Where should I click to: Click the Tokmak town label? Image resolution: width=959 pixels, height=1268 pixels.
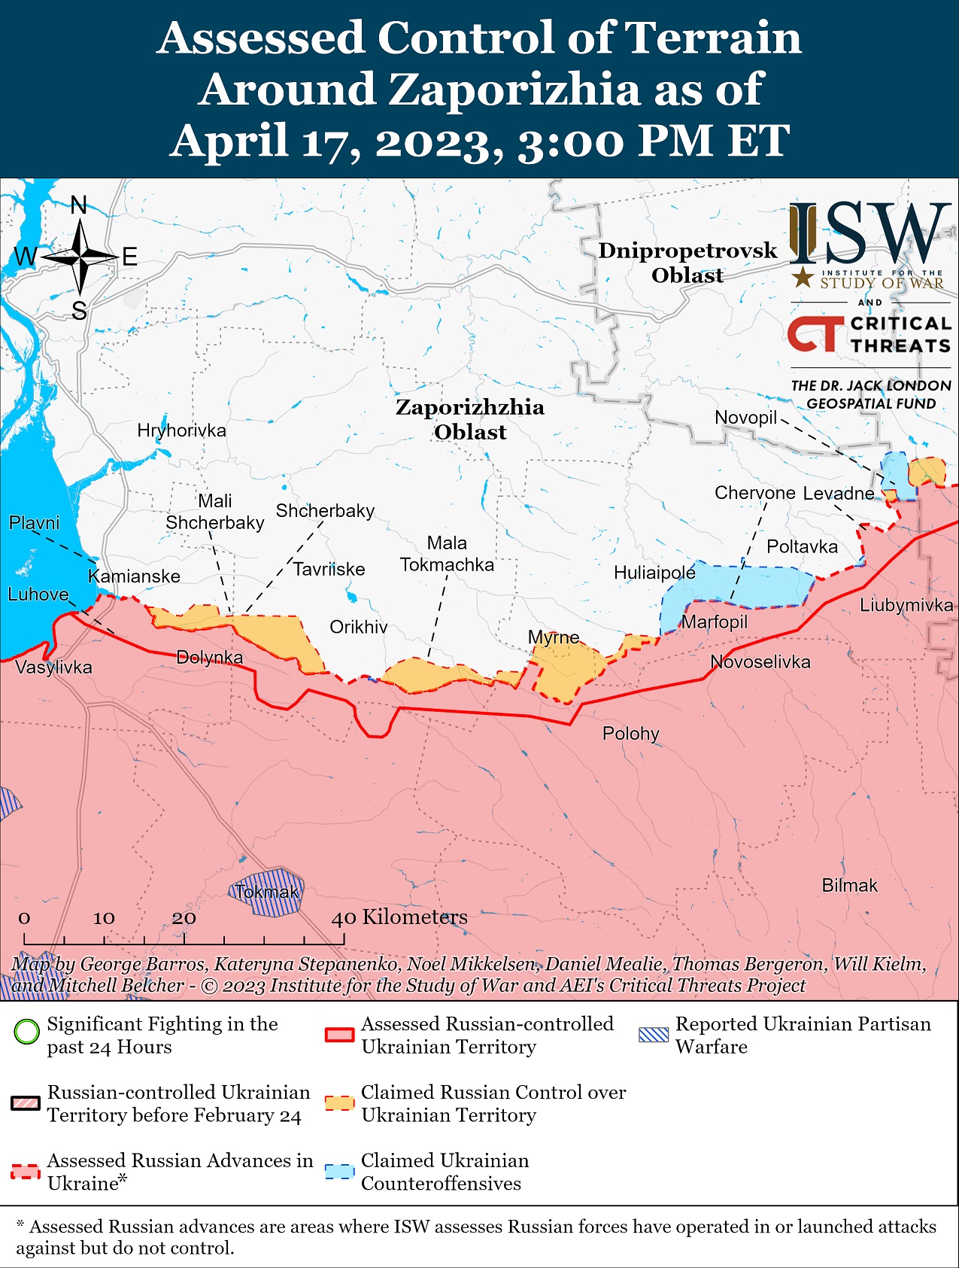point(266,892)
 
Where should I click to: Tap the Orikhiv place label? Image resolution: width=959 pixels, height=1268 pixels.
point(359,627)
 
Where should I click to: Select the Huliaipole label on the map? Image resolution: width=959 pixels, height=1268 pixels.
point(654,573)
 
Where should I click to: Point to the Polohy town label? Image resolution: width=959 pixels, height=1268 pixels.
point(630,733)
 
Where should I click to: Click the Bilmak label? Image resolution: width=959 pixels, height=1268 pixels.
point(849,886)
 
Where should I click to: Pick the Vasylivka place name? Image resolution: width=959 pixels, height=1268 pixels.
point(53,667)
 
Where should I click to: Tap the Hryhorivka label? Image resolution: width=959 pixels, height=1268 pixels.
point(181,430)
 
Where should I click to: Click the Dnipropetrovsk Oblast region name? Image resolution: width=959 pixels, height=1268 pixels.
point(687,263)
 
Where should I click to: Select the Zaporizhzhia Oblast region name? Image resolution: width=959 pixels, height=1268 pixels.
point(470,419)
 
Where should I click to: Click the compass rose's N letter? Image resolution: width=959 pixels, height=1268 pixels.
point(79,205)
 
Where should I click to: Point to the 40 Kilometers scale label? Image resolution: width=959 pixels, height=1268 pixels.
point(399,917)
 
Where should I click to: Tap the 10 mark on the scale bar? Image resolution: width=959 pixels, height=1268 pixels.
point(104,918)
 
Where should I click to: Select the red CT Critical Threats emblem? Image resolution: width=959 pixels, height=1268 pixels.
point(815,334)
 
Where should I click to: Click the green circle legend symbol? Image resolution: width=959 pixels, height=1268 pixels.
point(27,1031)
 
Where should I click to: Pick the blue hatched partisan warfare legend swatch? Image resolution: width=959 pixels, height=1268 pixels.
point(653,1035)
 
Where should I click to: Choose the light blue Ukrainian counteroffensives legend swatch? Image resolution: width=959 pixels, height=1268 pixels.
point(339,1172)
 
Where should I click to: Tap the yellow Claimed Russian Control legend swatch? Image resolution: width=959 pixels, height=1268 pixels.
point(339,1103)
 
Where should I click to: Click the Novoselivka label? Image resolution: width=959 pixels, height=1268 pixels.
point(760,662)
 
